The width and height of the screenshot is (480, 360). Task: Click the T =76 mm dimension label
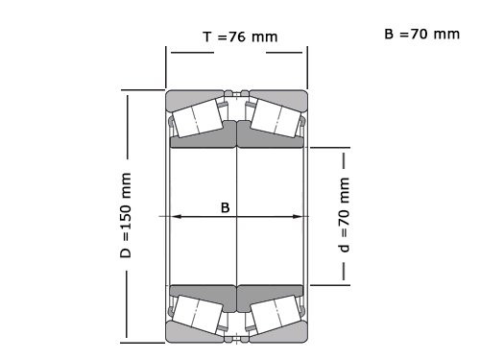[x=239, y=37]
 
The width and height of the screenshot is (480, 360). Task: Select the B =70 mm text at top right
[x=421, y=34]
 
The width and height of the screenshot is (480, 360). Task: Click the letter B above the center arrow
[x=225, y=205]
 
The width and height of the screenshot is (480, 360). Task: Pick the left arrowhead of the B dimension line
[x=175, y=217]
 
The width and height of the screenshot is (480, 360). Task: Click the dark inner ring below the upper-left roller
[x=204, y=140]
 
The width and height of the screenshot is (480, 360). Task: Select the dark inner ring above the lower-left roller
[x=204, y=292]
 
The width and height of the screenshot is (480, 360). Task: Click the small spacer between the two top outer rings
[x=237, y=94]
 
